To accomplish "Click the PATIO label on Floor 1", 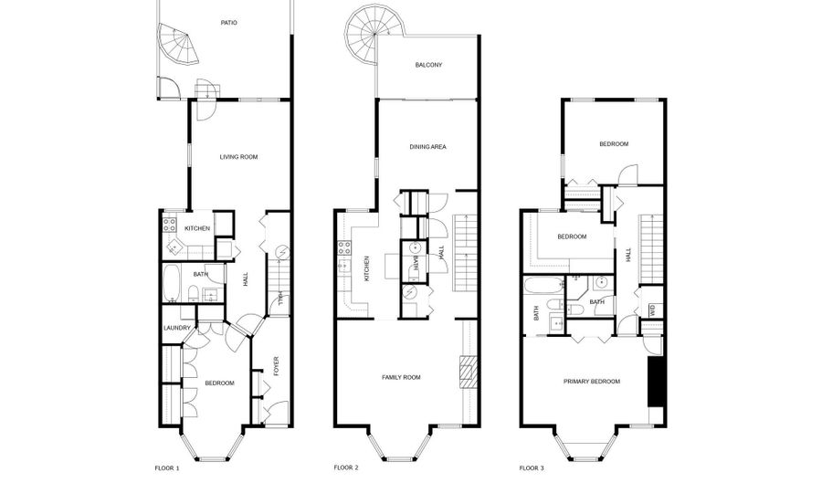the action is click(228, 23).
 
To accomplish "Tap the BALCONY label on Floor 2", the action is click(428, 65).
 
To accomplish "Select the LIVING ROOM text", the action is click(238, 157).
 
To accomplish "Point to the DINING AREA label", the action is click(427, 147).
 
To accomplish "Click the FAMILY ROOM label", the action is click(401, 377).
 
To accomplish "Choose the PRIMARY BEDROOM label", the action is click(591, 382).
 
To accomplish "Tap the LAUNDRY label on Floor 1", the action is click(176, 328).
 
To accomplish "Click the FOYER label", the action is click(276, 366).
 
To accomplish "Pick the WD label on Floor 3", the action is click(653, 310).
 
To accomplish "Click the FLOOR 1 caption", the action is click(167, 467).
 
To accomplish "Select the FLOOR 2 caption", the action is click(346, 467).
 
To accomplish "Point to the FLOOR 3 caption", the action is click(532, 467).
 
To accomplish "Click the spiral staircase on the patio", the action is click(179, 44).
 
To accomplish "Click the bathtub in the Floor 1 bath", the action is click(172, 283).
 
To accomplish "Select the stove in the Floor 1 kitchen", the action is click(169, 226).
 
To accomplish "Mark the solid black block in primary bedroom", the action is click(655, 382).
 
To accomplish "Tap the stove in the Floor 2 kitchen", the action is click(344, 247).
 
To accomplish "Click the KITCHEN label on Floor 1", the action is click(197, 228).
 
